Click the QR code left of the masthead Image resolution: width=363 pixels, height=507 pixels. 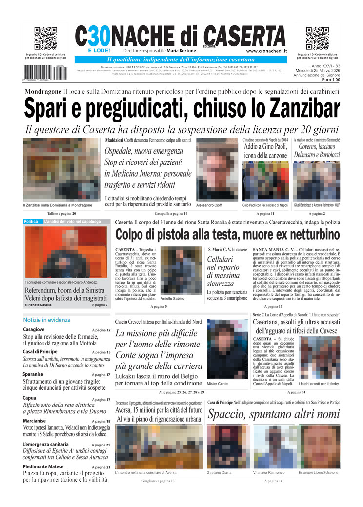point(45,39)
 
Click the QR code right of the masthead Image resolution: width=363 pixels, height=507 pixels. point(317,39)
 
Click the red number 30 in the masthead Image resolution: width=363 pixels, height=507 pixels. point(98,36)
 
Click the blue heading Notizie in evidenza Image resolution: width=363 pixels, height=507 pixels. point(47,320)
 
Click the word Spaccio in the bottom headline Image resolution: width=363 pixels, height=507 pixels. point(227,415)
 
